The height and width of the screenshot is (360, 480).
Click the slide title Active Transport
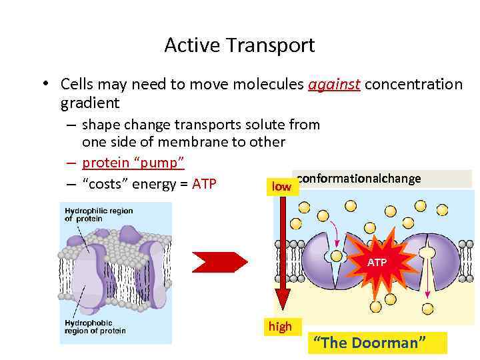point(239,45)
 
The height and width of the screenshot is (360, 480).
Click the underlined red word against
point(334,85)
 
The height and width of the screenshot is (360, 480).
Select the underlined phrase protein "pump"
point(133,163)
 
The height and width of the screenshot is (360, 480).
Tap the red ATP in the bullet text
point(204,183)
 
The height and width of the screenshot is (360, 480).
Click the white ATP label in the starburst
point(377,263)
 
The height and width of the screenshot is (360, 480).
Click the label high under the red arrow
point(280,327)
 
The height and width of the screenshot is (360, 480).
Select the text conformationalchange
point(359,179)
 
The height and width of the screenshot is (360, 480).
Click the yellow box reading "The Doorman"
point(379,343)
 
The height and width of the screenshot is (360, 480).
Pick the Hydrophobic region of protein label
point(95,327)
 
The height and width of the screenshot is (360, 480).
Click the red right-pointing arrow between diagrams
point(219,262)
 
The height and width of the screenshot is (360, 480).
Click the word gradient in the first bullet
point(89,103)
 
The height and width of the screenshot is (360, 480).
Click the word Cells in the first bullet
point(76,85)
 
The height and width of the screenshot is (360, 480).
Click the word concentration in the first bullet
point(413,85)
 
